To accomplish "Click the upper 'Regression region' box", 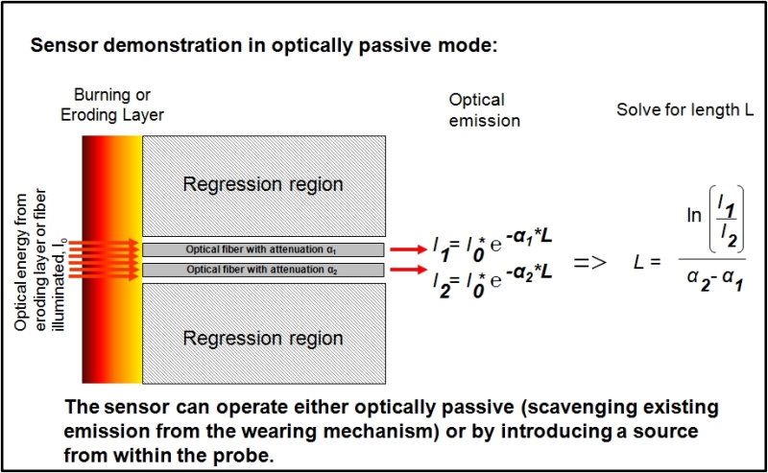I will click(x=263, y=183).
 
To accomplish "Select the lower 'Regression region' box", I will click(x=263, y=338).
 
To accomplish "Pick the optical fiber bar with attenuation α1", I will click(x=263, y=249).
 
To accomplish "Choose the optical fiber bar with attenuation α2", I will click(x=263, y=270).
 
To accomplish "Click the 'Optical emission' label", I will click(x=483, y=110).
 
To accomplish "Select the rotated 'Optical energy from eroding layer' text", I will click(x=35, y=259).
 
